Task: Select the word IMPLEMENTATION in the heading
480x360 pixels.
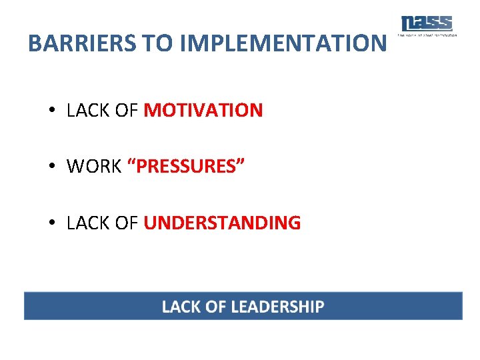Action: (283, 43)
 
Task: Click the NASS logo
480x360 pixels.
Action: (427, 23)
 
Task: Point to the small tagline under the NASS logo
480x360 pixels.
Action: (427, 35)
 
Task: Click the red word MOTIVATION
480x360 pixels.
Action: (203, 111)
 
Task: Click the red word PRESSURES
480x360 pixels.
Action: (185, 167)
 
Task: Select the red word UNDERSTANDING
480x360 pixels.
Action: (222, 223)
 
